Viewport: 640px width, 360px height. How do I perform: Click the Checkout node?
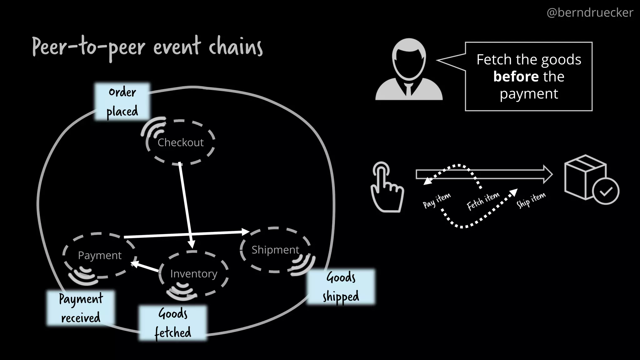point(180,142)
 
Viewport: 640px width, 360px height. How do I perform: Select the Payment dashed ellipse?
point(100,255)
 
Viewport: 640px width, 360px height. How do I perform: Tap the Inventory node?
point(193,274)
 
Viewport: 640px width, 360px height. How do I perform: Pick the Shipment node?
point(275,250)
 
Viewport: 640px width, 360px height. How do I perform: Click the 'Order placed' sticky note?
point(122,102)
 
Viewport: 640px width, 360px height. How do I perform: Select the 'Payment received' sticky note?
point(81,308)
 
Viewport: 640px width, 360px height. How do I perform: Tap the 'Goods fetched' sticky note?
point(173,323)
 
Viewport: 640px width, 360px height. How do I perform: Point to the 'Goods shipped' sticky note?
point(341,287)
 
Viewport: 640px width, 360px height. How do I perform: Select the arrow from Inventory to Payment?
point(145,267)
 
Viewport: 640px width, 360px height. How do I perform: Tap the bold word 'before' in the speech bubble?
point(516,77)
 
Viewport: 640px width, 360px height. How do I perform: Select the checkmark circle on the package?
point(606,191)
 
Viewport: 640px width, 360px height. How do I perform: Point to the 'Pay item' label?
point(437,200)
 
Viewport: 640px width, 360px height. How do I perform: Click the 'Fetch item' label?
point(483,201)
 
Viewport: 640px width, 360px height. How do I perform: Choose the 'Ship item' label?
point(531,199)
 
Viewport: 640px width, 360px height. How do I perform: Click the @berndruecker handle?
point(590,13)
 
